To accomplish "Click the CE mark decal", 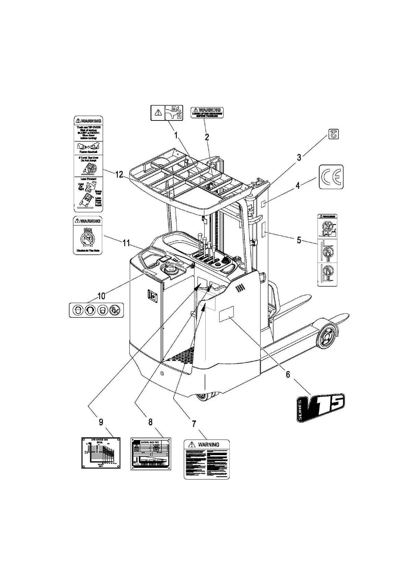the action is point(331,177).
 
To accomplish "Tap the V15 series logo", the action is point(321,407).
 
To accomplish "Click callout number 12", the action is point(119,175).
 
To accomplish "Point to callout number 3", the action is point(299,158).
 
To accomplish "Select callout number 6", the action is point(288,374).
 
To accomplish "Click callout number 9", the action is point(101,422).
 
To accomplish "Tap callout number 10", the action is point(101,296).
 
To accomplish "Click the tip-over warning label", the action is point(88,164).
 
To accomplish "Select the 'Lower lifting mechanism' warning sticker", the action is point(207,112).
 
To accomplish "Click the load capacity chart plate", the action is point(101,453).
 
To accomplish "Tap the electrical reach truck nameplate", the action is point(151,453).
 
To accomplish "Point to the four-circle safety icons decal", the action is point(96,310).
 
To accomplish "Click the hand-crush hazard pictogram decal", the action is point(167,113).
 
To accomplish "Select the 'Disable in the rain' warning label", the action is point(88,235).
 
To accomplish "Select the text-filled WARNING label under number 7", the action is point(207,459).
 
